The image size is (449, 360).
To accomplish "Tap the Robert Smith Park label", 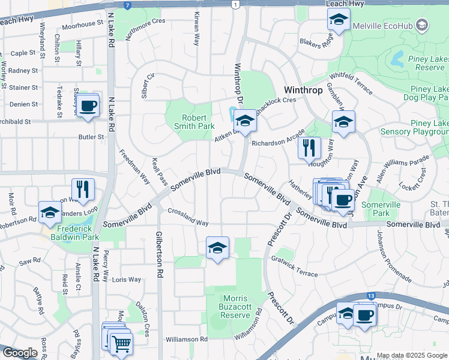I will tap(198, 122).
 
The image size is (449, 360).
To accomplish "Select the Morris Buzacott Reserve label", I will tap(228, 307).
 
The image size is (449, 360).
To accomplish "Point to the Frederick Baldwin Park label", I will tap(77, 233).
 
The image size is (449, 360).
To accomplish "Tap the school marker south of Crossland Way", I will tap(217, 247).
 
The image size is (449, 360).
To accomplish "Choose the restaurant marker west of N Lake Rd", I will tap(83, 189).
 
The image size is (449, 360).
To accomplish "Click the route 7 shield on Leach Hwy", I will tap(127, 5).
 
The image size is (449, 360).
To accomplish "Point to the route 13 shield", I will tap(372, 296).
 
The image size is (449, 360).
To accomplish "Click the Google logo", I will tap(20, 353).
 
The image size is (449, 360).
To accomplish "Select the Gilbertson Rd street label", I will tap(160, 254).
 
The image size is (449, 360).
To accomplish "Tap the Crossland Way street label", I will tap(188, 217).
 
